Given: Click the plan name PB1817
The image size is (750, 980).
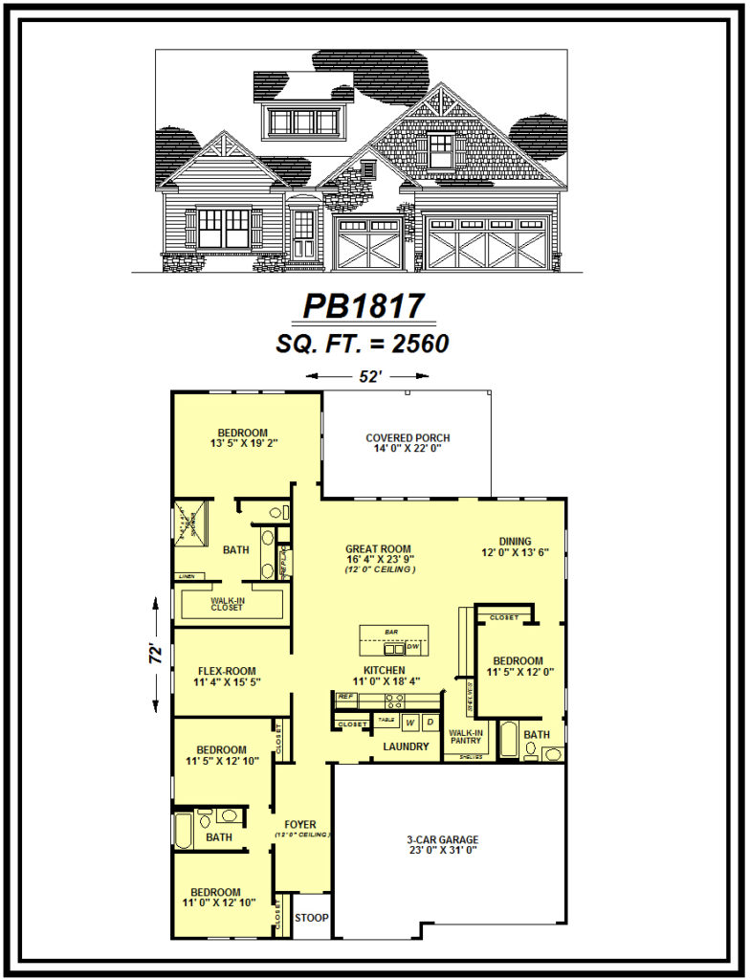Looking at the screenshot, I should click(x=363, y=305).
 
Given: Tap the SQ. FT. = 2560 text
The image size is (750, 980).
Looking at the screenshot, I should click(x=363, y=344).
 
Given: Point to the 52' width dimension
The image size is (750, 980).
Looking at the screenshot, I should click(x=370, y=376).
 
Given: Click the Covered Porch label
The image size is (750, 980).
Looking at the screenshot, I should click(x=408, y=443).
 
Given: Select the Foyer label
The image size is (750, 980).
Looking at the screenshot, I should click(x=300, y=824).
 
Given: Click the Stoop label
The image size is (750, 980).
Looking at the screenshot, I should click(x=311, y=918).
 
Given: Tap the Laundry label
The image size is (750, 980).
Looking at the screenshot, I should click(x=406, y=746).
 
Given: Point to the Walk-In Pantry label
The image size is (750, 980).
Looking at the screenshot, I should click(x=466, y=738).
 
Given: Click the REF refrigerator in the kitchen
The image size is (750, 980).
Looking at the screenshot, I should click(x=345, y=697).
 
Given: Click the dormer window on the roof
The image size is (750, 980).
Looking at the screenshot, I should click(x=304, y=122).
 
